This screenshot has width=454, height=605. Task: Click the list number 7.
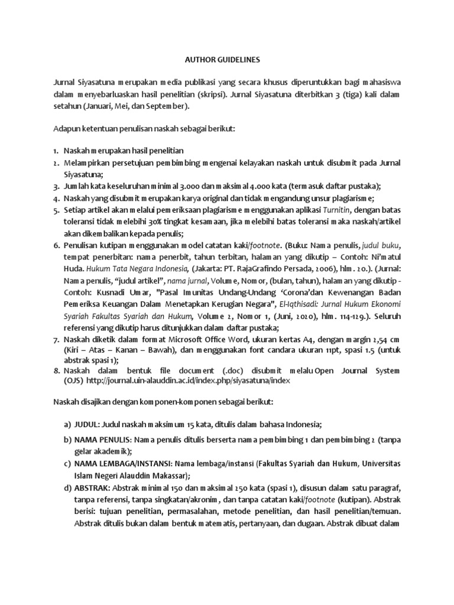56,340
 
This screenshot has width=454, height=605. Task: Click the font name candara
230,352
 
